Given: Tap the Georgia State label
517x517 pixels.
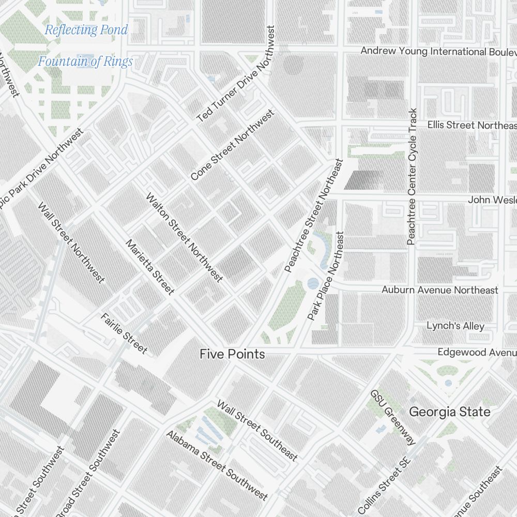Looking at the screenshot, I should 450,412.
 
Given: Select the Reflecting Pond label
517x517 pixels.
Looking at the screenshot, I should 86,29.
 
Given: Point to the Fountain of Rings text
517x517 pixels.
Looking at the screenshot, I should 85,62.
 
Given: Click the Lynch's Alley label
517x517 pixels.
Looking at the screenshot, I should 455,326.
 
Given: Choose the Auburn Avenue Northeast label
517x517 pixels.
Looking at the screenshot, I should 439,290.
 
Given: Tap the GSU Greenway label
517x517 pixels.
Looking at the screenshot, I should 393,417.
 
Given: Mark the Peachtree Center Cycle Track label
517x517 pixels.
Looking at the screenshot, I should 412,176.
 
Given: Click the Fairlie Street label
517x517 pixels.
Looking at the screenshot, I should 124,333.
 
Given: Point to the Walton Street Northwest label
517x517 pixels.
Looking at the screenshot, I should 184,237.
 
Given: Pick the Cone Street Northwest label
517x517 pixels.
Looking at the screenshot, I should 232,145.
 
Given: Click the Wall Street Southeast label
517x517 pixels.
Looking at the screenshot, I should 257,430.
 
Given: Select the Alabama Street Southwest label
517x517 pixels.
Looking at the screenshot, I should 217,465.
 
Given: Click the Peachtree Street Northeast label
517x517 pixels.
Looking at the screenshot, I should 314,216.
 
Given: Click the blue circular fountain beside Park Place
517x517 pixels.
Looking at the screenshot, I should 313,283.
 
